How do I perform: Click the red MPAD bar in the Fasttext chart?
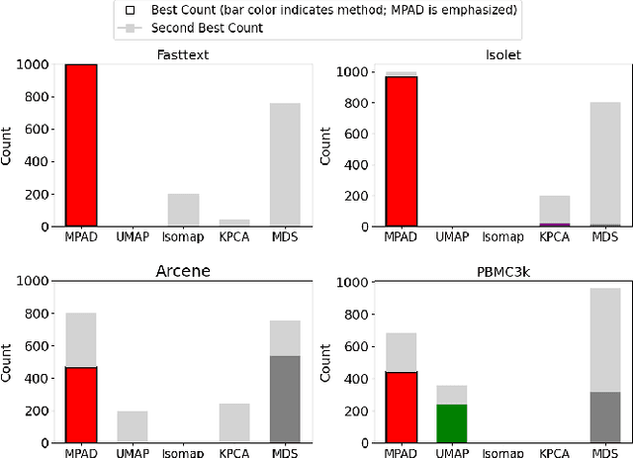click(x=81, y=145)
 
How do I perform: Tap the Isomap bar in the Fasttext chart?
click(x=183, y=210)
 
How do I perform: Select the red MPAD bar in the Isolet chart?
click(x=402, y=151)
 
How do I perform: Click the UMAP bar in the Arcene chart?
click(x=133, y=426)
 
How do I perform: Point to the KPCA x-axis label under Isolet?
click(x=554, y=238)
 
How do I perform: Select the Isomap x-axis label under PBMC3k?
click(x=502, y=453)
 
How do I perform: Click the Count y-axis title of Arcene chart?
click(x=9, y=361)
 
